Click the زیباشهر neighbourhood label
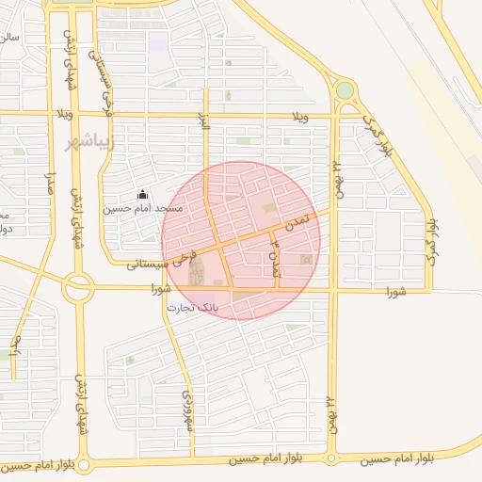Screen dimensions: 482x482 tap(90, 143)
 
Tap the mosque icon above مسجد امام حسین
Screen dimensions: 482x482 tap(143, 194)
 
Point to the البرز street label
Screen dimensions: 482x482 tap(201, 122)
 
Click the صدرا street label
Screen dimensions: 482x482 tap(52, 179)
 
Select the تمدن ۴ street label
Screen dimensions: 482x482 tap(275, 255)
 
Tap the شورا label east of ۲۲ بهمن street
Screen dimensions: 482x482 tap(394, 293)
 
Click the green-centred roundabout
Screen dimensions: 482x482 tap(345, 90)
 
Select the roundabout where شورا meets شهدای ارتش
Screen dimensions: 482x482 tap(77, 286)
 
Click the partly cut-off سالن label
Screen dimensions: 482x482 tap(8, 38)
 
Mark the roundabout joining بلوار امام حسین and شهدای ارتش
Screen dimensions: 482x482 tap(84, 465)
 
